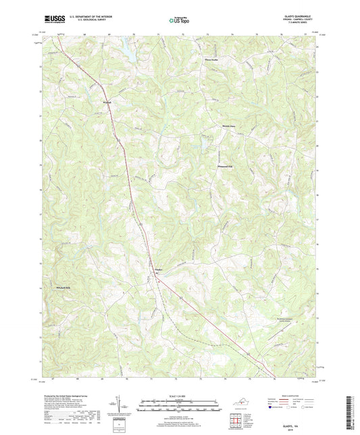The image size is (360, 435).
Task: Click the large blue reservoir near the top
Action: point(127,48)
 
